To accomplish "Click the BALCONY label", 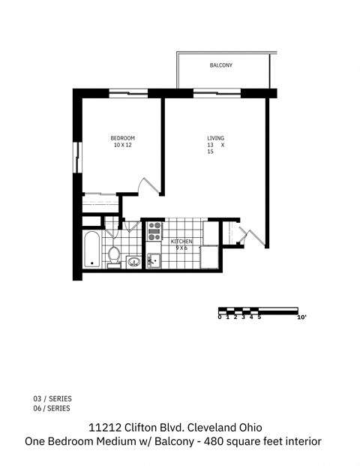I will click(220, 66).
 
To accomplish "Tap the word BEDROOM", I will click(122, 138).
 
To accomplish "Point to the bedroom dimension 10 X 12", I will click(122, 145).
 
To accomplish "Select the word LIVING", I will click(216, 138).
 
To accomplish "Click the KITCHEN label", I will click(181, 241).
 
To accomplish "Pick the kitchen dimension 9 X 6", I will click(181, 248).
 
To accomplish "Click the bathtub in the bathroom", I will click(91, 250).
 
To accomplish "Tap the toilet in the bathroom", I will click(114, 255).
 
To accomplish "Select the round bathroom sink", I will click(133, 261).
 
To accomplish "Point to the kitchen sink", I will click(153, 260).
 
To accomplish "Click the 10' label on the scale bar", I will click(301, 317).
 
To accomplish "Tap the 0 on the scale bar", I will click(220, 317).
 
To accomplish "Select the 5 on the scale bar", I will click(259, 317).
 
